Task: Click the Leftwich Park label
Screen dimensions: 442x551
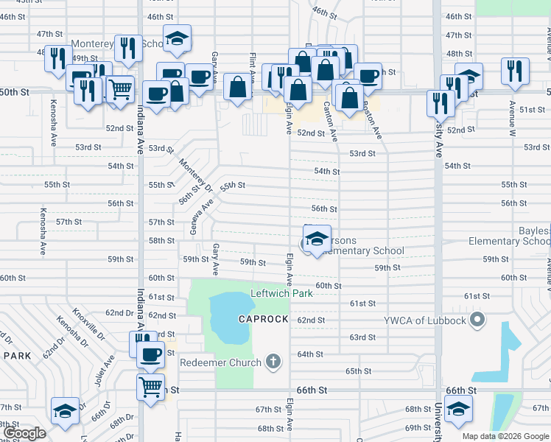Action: [x=281, y=293]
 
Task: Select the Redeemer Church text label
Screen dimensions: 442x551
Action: [x=220, y=362]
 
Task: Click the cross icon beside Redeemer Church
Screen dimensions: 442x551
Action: [x=273, y=362]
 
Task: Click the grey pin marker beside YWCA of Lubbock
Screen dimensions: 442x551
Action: [x=477, y=320]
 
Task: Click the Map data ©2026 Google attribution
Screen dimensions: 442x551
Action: [x=505, y=436]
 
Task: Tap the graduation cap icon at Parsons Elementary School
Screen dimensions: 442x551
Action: [x=317, y=239]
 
